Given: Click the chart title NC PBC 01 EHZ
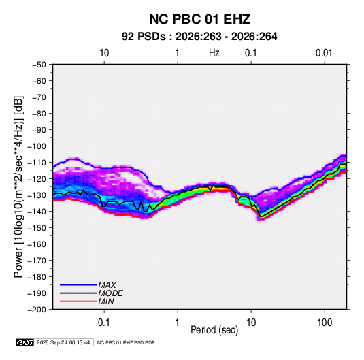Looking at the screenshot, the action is [199, 19].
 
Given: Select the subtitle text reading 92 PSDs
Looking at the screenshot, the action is [144, 37].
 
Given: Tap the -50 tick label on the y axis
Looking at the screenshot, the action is [39, 65].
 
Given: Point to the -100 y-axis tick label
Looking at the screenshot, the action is [37, 146].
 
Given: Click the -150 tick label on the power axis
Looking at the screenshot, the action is [37, 228].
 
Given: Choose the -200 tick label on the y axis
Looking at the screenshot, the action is [37, 310].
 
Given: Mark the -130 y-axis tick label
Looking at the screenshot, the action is [37, 195].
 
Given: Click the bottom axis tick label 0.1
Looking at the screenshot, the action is [103, 323].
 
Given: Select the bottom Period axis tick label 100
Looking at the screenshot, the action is [325, 323].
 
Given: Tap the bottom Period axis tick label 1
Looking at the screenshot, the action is [177, 323].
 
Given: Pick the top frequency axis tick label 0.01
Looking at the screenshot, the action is [324, 53].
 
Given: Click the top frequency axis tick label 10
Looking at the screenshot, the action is [104, 53].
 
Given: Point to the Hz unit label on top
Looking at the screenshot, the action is [214, 53].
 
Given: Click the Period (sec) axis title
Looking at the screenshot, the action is [214, 330].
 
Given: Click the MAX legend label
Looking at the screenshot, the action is [107, 285].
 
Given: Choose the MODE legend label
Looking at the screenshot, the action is [110, 293].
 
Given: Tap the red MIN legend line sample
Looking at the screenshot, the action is [78, 301].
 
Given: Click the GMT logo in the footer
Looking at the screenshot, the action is [25, 342].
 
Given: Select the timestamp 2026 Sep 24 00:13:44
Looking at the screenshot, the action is [63, 342].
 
